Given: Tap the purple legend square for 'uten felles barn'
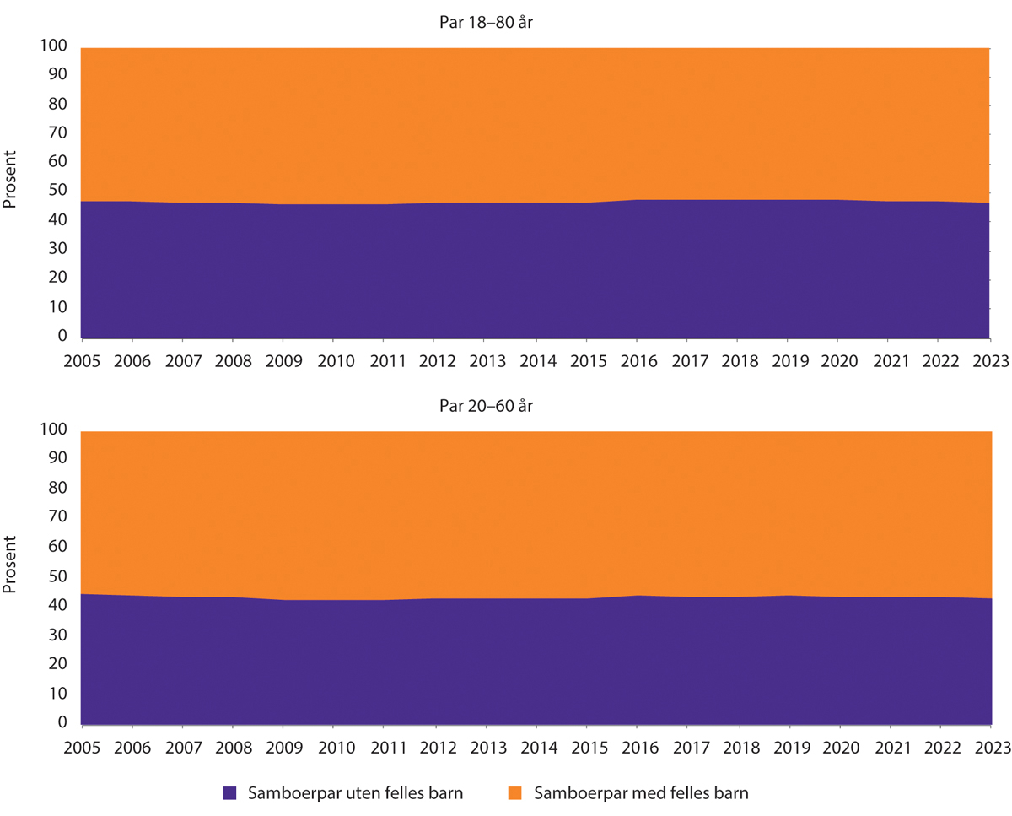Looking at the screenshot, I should click(230, 792).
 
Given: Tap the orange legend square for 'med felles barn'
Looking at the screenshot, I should click(518, 792).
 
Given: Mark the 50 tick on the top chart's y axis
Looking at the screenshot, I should click(57, 192).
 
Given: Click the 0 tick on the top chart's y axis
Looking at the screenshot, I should click(62, 336).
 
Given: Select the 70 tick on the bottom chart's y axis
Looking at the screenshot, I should click(57, 518).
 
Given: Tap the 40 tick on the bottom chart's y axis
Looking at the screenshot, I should click(57, 606).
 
